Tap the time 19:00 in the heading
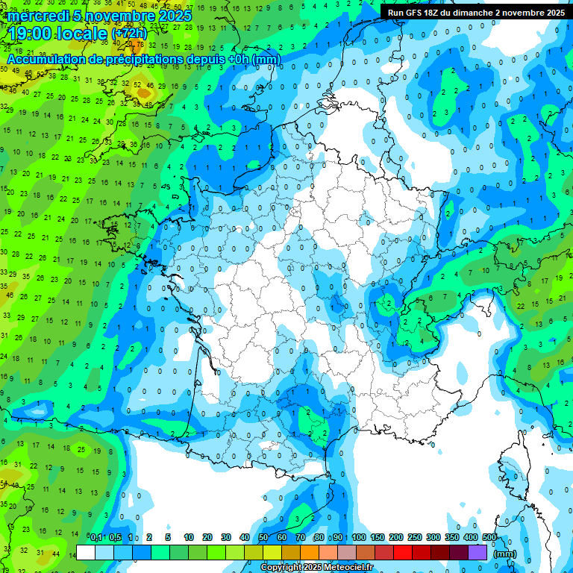(34, 33)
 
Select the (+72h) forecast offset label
(129, 34)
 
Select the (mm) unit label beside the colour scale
(505, 554)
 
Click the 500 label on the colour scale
(489, 537)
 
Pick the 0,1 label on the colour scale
(96, 537)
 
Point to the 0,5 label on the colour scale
(115, 537)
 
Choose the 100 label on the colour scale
(359, 537)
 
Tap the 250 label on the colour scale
(415, 537)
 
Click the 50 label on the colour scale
(263, 537)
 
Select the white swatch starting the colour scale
(86, 552)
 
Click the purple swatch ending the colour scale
(477, 552)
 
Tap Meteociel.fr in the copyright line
(349, 568)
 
